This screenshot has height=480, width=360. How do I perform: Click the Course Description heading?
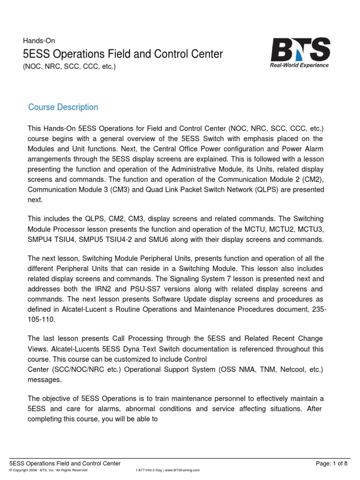click(x=63, y=107)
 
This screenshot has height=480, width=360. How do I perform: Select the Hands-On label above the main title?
click(x=42, y=41)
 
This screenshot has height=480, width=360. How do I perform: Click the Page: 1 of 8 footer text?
click(x=332, y=463)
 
